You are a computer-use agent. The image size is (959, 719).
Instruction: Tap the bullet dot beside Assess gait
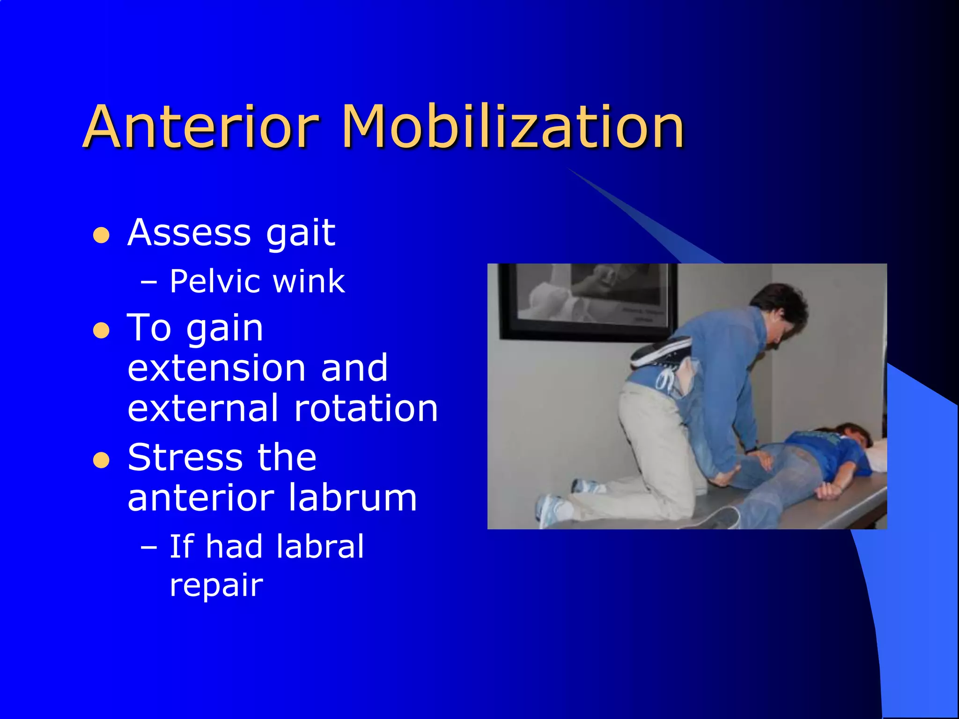click(101, 235)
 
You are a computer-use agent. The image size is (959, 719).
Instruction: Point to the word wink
click(309, 281)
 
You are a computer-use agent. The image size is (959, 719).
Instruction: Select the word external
click(203, 408)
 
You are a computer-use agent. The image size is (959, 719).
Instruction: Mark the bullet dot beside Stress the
click(101, 460)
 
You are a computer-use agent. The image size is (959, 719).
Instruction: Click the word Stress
click(185, 457)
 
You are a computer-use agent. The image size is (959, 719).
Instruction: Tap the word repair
click(216, 585)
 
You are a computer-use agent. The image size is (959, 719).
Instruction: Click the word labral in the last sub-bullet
click(320, 546)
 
